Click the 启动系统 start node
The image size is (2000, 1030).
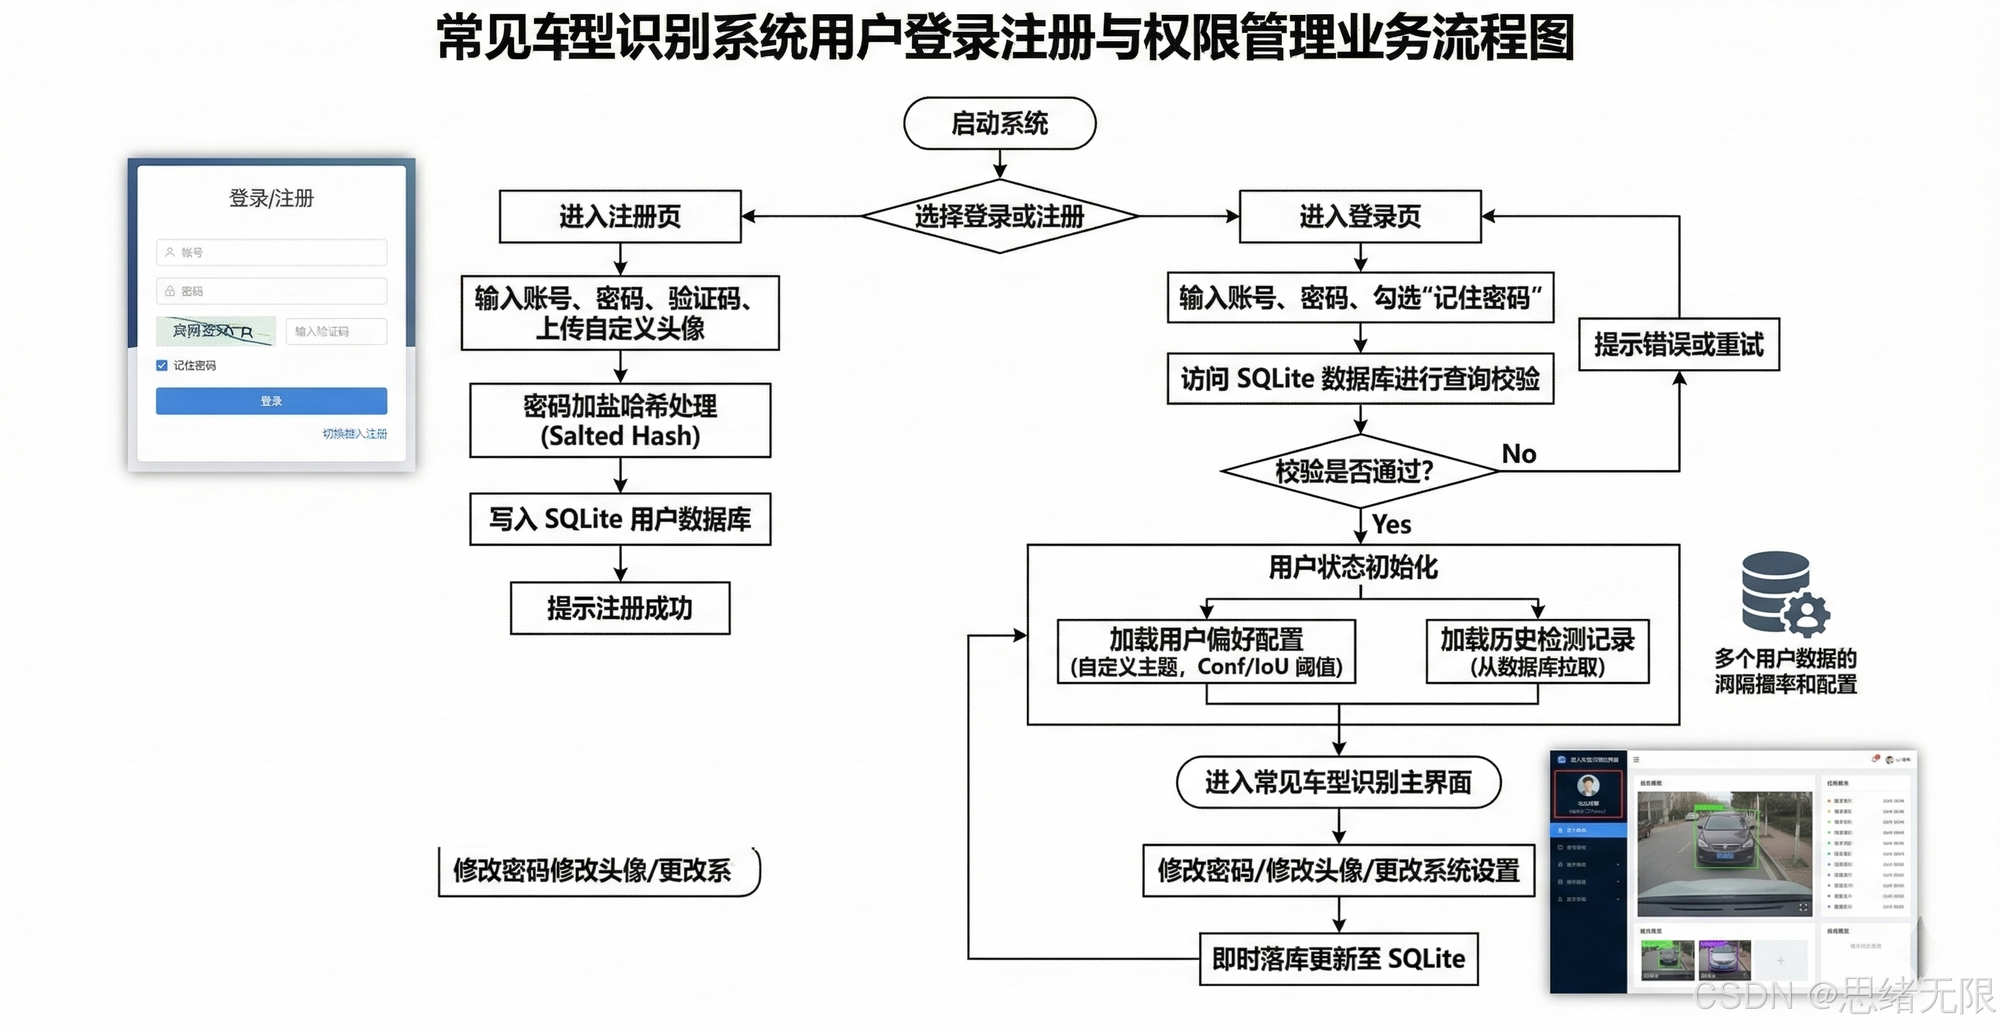pos(999,124)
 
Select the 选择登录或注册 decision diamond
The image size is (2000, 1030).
pos(999,217)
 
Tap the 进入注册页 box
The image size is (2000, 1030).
pos(619,217)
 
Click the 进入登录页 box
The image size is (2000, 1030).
pos(1359,217)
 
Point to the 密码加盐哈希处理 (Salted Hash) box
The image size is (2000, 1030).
pos(619,421)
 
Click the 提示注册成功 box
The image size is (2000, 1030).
pos(619,608)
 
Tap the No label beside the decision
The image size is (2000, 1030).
pos(1518,454)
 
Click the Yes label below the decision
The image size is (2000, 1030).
pos(1391,525)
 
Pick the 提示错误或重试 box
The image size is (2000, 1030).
pos(1678,344)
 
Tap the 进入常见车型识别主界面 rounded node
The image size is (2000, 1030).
pos(1338,782)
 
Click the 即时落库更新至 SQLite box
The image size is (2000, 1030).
pos(1338,959)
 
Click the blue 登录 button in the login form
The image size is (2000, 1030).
pos(271,401)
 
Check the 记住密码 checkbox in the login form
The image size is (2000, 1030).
pos(161,366)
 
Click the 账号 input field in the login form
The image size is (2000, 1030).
pos(271,252)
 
